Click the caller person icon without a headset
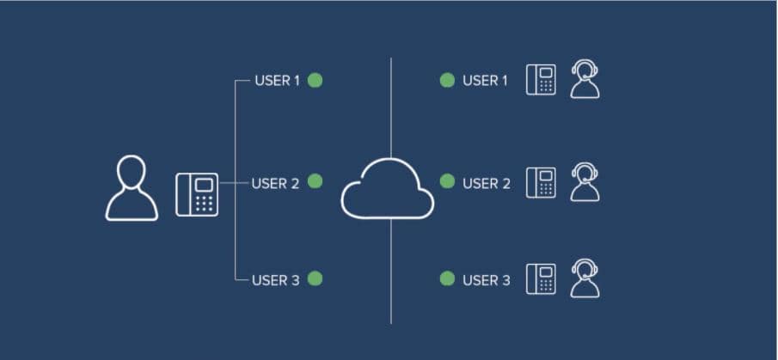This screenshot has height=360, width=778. [132, 188]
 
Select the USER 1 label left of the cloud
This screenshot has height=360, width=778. [277, 81]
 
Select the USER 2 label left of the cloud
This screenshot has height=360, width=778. [275, 182]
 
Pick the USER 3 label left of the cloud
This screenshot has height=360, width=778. [275, 279]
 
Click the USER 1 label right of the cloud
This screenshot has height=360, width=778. [485, 81]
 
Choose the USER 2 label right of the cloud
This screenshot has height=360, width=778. [486, 183]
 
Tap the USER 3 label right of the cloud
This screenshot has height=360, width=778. [486, 279]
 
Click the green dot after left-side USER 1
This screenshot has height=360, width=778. [315, 81]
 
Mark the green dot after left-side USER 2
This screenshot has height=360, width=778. [315, 181]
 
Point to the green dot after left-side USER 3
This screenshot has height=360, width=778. [315, 278]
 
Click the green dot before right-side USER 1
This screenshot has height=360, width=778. [447, 81]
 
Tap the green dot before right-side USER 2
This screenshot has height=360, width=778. [447, 181]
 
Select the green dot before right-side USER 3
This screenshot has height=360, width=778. [447, 278]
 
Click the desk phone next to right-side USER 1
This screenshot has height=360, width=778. [541, 79]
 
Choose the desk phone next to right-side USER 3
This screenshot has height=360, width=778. [541, 278]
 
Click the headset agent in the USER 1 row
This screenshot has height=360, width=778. [585, 79]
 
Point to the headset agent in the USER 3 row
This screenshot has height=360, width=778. [585, 278]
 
